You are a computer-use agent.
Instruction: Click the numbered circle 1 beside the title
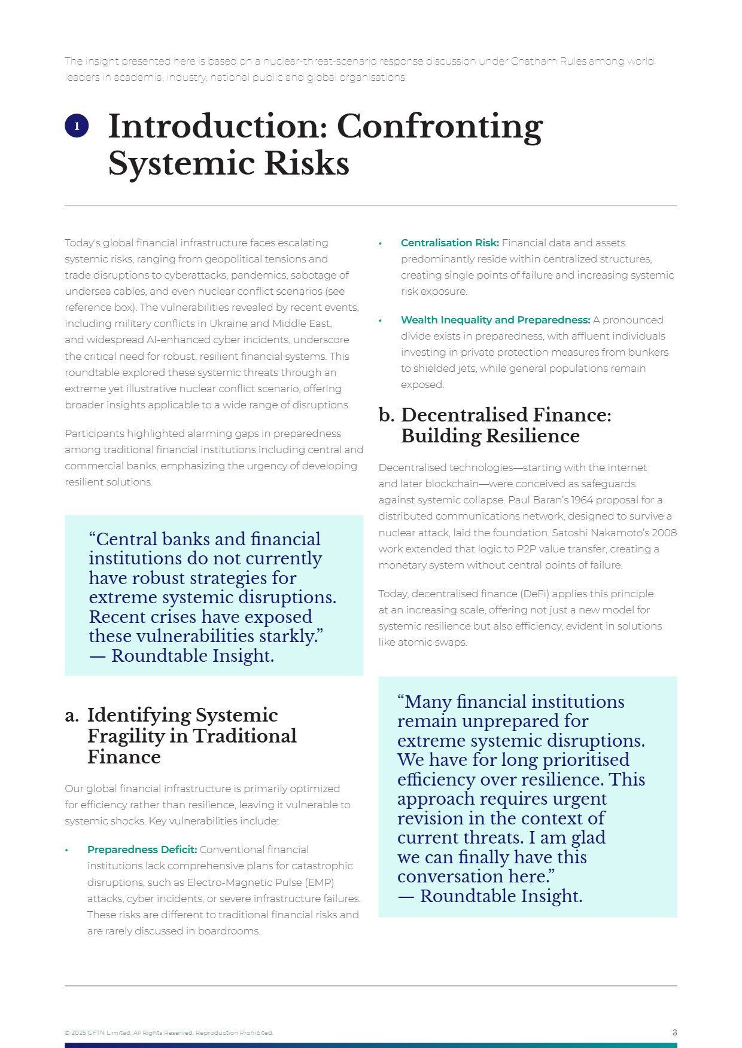pyautogui.click(x=77, y=126)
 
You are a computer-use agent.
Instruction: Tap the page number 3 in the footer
pyautogui.click(x=674, y=1032)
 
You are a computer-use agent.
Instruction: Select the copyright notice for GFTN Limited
pyautogui.click(x=169, y=1033)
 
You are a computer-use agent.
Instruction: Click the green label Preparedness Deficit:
pyautogui.click(x=142, y=850)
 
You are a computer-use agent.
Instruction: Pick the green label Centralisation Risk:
pyautogui.click(x=449, y=243)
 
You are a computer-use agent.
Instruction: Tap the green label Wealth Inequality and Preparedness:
pyautogui.click(x=495, y=320)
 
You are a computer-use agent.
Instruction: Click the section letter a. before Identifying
pyautogui.click(x=72, y=716)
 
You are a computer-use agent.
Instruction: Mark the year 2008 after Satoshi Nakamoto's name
pyautogui.click(x=664, y=532)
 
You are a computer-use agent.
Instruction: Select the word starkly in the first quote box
pyautogui.click(x=290, y=636)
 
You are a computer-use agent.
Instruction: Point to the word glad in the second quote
pyautogui.click(x=588, y=838)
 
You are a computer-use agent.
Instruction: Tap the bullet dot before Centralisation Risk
pyautogui.click(x=380, y=243)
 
